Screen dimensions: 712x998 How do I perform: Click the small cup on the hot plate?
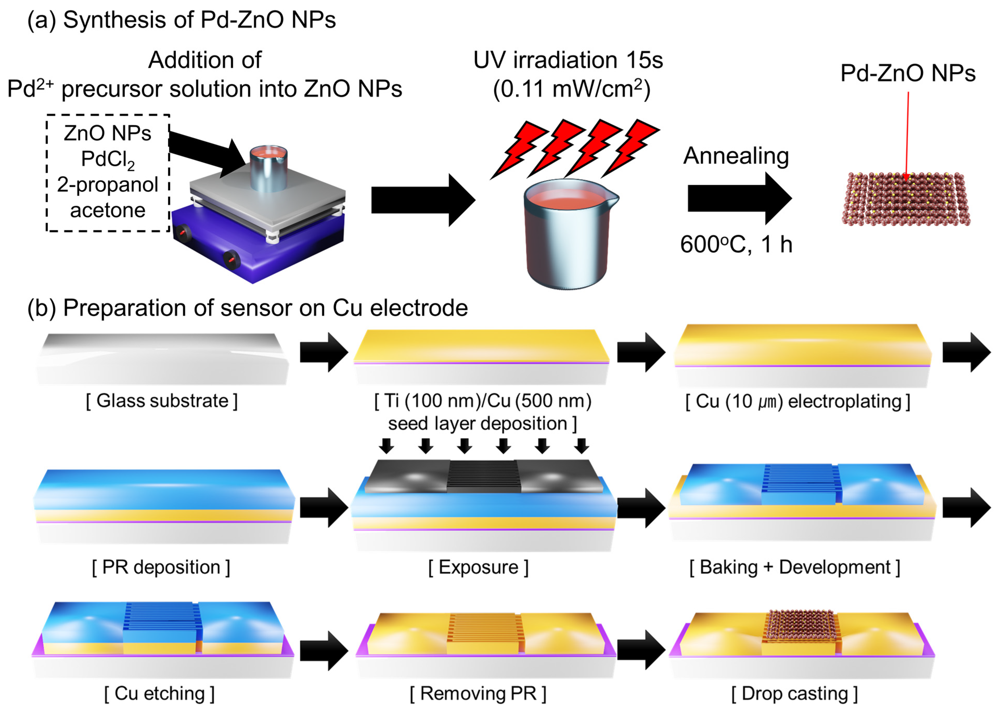point(268,169)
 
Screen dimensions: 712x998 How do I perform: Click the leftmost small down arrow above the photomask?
point(386,445)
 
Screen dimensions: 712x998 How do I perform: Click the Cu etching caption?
point(159,694)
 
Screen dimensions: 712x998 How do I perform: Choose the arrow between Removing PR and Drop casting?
point(641,650)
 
